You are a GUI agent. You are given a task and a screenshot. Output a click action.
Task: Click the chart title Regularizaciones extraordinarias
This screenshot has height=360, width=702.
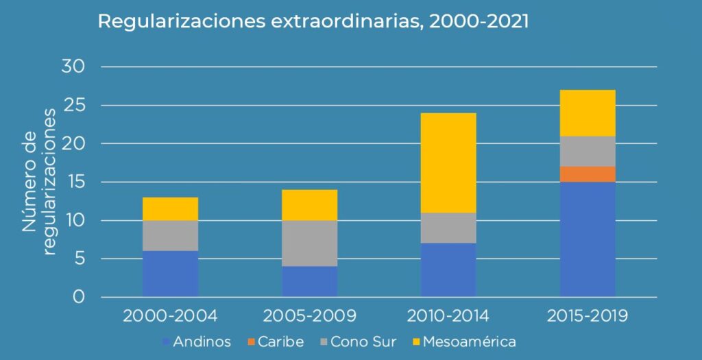point(313,21)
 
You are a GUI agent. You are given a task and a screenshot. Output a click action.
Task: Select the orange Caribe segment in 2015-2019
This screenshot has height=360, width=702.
point(588,174)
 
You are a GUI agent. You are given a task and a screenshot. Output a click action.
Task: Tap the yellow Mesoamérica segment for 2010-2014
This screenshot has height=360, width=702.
point(448,163)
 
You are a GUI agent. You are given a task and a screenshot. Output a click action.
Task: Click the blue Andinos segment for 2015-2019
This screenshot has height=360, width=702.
point(588,239)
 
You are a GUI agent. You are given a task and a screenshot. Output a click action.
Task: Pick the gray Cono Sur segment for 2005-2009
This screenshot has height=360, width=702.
point(309,243)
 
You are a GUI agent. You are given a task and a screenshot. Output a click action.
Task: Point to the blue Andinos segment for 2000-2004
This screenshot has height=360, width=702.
point(170,274)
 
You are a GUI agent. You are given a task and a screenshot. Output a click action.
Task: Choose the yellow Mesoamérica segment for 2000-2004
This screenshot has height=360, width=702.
point(170,208)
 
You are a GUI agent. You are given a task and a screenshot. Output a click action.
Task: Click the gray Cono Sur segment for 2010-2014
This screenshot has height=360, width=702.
point(448,228)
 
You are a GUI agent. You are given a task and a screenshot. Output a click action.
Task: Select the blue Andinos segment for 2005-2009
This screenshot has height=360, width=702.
point(309,281)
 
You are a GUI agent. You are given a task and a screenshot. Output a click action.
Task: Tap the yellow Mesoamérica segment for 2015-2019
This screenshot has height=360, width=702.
point(588,112)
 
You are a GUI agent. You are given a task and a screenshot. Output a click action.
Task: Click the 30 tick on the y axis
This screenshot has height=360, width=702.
point(73,67)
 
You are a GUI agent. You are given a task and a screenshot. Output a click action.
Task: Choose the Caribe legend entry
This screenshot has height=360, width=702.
point(275,341)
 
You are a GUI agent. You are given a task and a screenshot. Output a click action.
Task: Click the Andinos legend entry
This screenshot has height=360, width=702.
point(196,341)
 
